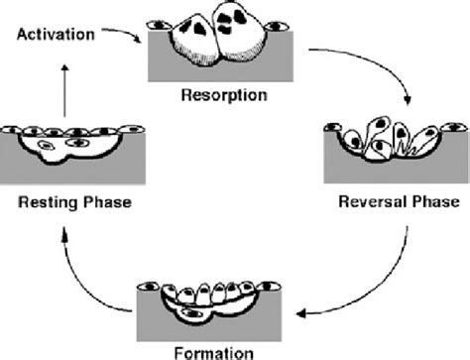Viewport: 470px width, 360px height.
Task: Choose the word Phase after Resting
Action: [x=105, y=202]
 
